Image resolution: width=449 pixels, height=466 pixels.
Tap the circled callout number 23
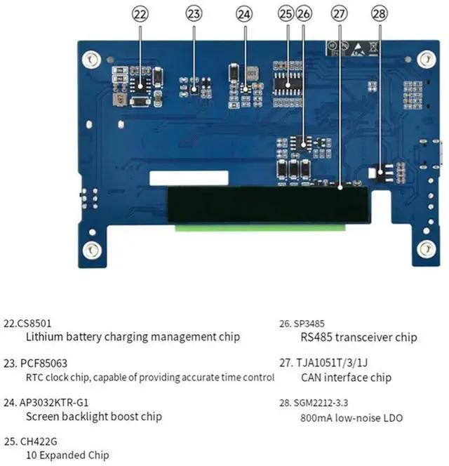(x=194, y=13)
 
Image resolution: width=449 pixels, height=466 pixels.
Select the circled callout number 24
(x=243, y=13)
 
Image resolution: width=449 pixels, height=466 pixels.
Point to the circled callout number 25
(x=286, y=13)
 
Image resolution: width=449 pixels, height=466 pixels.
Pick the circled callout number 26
(x=303, y=13)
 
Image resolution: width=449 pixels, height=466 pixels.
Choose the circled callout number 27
(x=339, y=13)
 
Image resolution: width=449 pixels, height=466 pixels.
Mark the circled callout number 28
(x=380, y=13)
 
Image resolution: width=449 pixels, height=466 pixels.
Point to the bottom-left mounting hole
(x=91, y=249)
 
